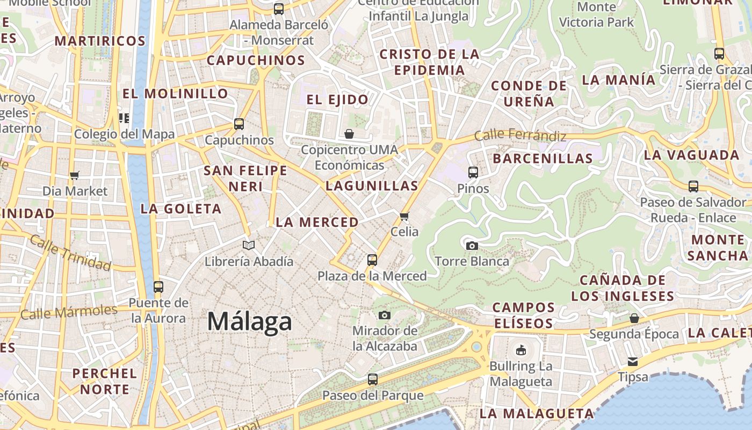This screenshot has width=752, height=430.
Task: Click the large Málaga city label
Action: (250, 321)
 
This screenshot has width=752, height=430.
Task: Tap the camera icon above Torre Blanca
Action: (472, 246)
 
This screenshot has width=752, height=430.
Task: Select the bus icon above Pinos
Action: (473, 173)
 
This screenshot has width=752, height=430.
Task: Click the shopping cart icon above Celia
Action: (404, 216)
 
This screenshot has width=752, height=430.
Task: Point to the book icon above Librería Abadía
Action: (248, 246)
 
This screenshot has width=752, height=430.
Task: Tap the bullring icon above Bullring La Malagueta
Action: (520, 350)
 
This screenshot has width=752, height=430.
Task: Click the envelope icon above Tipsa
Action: (633, 361)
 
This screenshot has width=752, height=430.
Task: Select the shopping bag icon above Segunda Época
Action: (634, 318)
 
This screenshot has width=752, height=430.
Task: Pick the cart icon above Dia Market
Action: (75, 175)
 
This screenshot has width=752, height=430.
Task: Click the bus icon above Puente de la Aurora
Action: (158, 286)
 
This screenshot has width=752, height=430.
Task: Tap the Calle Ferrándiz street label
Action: (520, 135)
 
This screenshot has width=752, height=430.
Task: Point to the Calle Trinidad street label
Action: (70, 252)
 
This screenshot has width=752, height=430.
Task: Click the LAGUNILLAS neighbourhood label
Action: (372, 186)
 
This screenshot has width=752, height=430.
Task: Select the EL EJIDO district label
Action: (337, 99)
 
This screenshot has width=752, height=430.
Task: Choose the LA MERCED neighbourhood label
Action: (317, 222)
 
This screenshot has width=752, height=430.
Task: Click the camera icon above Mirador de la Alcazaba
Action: (385, 315)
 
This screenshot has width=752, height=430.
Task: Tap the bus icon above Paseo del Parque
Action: (373, 379)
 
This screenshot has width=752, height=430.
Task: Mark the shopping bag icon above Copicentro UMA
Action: (349, 134)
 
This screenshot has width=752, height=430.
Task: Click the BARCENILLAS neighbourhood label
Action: (543, 159)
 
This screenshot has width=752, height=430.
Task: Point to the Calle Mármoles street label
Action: (69, 312)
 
